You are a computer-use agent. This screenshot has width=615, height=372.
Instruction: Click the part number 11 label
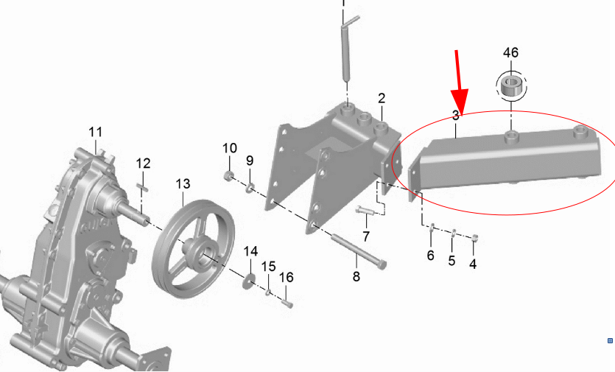click(x=96, y=132)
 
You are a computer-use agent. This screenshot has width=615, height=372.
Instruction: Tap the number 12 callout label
click(x=143, y=163)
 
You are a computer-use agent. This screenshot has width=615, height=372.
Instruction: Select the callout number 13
click(x=183, y=183)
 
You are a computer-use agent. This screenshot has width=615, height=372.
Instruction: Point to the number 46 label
click(x=510, y=53)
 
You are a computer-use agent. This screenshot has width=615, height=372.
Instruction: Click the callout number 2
click(x=382, y=98)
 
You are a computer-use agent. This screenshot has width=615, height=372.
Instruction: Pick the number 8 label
click(x=356, y=277)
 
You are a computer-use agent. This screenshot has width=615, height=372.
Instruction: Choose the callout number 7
click(x=365, y=236)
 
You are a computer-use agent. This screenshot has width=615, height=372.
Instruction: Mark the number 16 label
click(x=287, y=277)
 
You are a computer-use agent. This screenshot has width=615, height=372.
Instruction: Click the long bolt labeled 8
click(x=358, y=250)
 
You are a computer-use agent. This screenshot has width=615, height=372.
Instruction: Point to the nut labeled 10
click(x=228, y=176)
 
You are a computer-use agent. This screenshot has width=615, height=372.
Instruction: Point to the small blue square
click(x=610, y=340)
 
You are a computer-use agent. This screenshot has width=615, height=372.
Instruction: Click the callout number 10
click(x=228, y=148)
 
